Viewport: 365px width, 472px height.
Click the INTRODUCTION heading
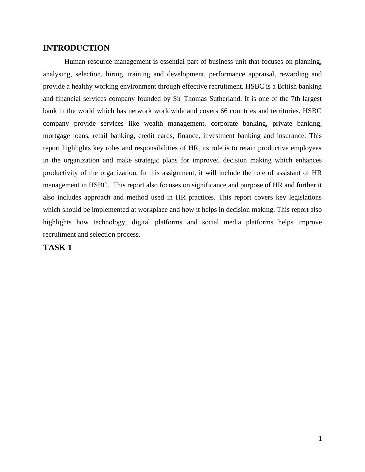(76, 48)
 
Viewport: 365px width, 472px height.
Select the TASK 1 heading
(57, 248)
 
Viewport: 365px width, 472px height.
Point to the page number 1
(320, 439)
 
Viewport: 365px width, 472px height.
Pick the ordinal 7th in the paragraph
(295, 99)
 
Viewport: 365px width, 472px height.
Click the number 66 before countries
(224, 111)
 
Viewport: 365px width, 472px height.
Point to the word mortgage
(56, 136)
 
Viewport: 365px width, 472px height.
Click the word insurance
(291, 136)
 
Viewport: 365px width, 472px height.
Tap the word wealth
(153, 124)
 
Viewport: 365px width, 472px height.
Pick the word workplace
(153, 210)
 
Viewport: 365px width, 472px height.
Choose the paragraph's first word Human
(73, 62)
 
